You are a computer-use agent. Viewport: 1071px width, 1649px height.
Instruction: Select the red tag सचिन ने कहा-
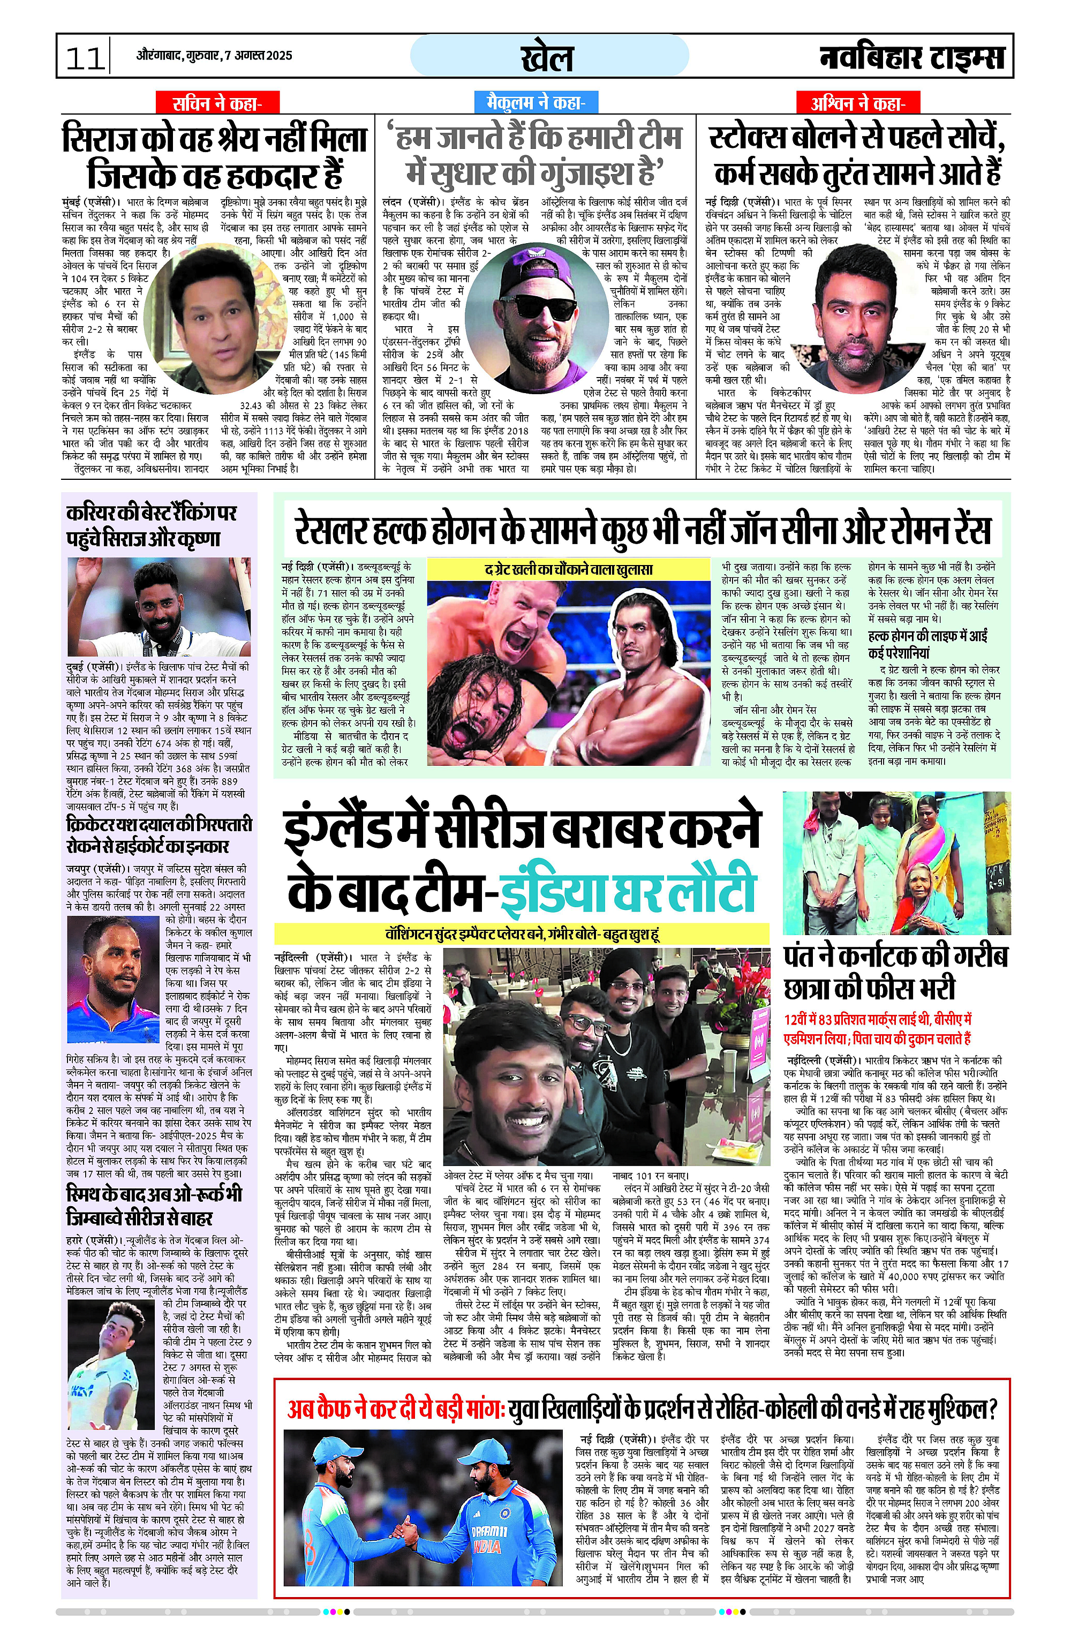point(217,103)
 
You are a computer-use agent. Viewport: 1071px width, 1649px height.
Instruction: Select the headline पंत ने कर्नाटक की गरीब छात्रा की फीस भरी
point(895,972)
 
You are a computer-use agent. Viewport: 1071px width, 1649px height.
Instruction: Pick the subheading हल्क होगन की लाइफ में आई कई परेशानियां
point(927,644)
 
